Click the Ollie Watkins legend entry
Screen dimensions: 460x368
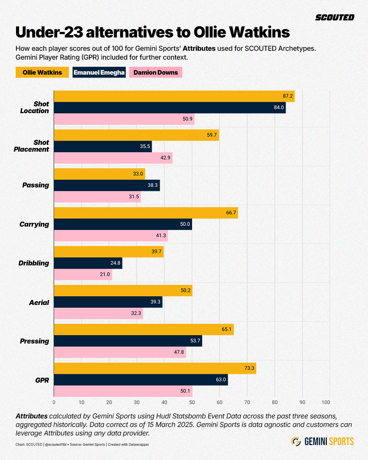tap(42, 72)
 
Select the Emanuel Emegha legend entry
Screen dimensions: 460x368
tap(99, 72)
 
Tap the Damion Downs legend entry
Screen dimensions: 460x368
tap(156, 72)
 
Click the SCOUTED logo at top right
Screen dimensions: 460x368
tap(335, 17)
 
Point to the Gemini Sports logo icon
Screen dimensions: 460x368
tap(296, 442)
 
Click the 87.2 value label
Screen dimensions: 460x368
tap(288, 96)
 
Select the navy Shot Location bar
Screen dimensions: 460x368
tap(170, 108)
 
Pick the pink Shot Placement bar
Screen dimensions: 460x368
tap(113, 158)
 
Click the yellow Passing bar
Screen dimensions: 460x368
tap(99, 174)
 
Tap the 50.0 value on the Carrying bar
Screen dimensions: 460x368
tap(185, 224)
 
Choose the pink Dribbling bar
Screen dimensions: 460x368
tap(83, 274)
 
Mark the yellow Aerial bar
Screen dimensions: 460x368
tap(123, 290)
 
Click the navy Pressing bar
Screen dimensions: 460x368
tap(128, 341)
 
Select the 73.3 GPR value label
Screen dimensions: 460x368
tap(249, 368)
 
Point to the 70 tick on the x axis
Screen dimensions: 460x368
tap(247, 402)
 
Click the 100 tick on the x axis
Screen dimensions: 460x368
tap(326, 402)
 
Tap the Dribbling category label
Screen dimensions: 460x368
tap(34, 263)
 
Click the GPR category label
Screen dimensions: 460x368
tap(42, 380)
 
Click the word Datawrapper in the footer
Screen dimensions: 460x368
tap(139, 444)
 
